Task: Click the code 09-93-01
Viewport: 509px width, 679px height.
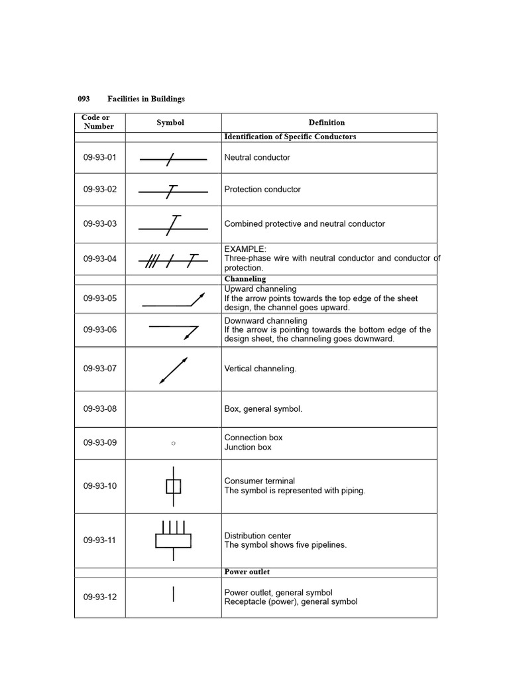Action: point(99,158)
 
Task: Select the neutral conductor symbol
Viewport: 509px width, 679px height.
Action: point(173,158)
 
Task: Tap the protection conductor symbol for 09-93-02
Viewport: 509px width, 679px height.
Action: point(173,191)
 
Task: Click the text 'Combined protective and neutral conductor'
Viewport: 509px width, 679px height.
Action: point(304,224)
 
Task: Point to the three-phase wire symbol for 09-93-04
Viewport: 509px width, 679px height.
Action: point(173,261)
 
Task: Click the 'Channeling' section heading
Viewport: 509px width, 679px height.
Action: point(245,279)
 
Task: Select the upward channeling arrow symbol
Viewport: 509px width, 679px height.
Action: point(174,300)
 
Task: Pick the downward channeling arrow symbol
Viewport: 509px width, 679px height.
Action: point(174,331)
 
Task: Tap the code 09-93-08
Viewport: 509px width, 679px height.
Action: point(99,409)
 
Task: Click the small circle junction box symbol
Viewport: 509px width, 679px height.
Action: point(173,443)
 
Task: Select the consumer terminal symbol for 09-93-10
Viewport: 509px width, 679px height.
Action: point(173,487)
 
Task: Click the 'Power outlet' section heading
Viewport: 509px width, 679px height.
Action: point(247,572)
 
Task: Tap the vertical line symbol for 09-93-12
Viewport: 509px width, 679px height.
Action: point(174,594)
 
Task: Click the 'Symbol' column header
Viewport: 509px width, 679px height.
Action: point(170,123)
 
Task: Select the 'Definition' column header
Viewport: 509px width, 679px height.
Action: point(327,123)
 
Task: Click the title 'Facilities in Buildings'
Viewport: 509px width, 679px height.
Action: point(146,99)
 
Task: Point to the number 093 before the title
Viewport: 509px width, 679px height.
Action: point(84,99)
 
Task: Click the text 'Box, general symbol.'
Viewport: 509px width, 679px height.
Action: point(263,409)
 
